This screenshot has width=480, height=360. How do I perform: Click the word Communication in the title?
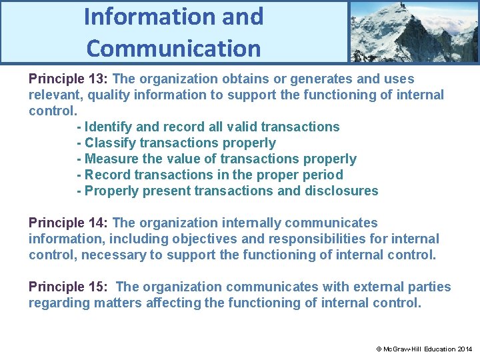tap(173, 48)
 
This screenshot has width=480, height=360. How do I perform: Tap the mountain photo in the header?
tap(413, 31)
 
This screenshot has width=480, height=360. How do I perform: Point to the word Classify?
tap(109, 143)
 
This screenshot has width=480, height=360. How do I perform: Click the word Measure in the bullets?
tap(111, 159)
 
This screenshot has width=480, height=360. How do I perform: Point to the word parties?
tap(427, 287)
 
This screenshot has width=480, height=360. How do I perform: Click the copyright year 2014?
tap(465, 349)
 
